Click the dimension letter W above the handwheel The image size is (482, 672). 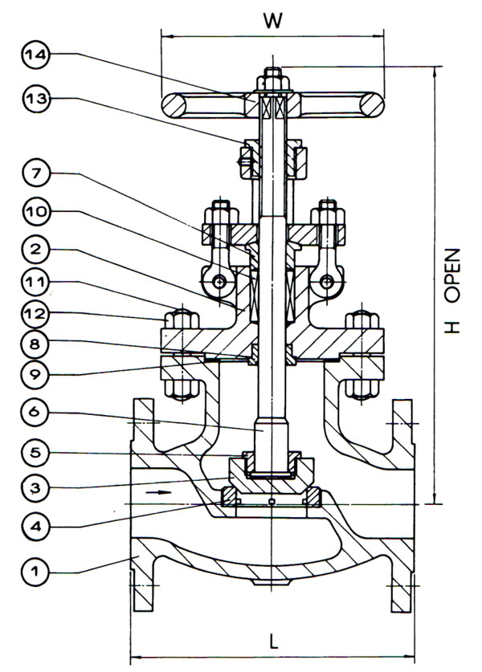273,22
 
